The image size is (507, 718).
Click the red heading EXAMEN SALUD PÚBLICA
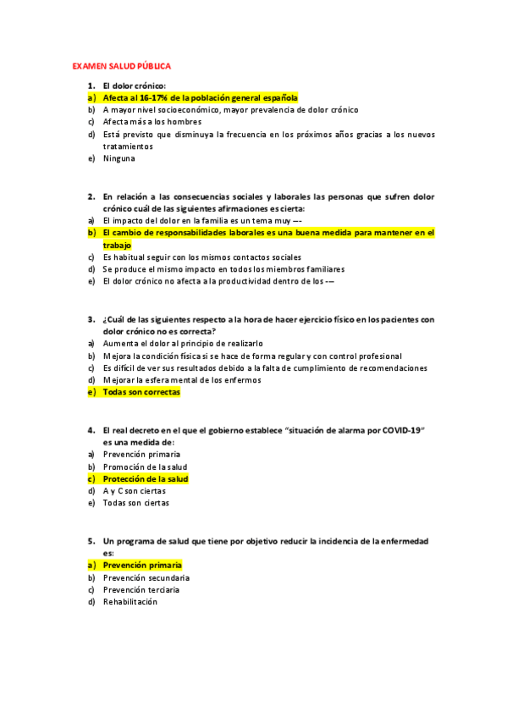122,65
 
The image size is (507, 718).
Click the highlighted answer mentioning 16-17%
200,97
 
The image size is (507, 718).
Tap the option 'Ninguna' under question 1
118,158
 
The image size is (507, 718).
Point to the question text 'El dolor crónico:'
134,86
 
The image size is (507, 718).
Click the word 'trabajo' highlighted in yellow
118,245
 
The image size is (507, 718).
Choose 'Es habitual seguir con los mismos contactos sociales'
201,257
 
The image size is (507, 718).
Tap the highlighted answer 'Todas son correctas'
141,393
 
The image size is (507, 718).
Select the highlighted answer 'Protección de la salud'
146,479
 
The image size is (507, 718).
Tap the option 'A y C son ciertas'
135,491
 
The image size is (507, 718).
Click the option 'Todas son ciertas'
135,503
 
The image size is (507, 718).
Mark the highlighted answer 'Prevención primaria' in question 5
142,565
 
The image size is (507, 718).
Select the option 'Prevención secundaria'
146,577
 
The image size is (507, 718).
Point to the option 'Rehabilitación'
130,602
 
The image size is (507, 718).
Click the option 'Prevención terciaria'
141,589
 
